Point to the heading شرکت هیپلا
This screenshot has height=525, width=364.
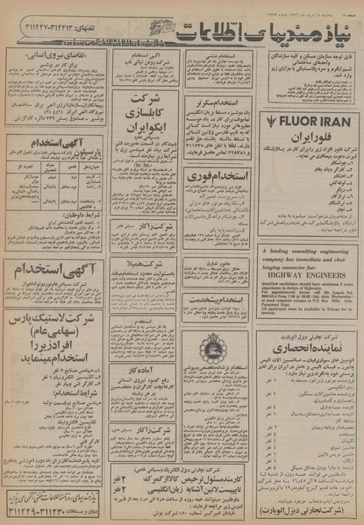pos(141,264)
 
